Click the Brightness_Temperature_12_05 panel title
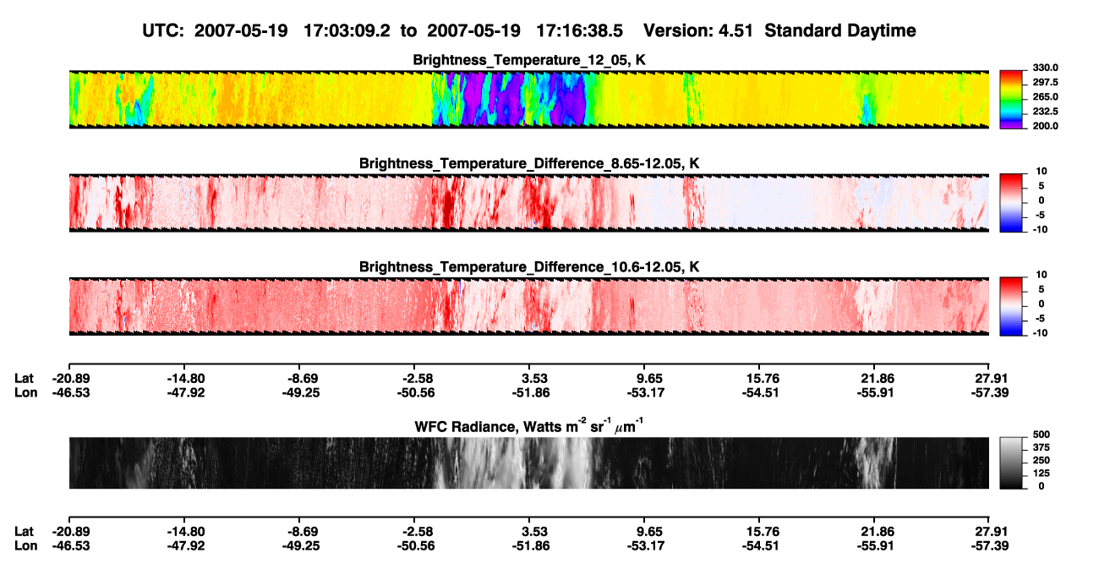pyautogui.click(x=529, y=60)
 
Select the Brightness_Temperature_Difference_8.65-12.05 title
pyautogui.click(x=529, y=163)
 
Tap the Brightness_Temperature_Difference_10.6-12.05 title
pyautogui.click(x=529, y=267)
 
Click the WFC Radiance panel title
pyautogui.click(x=529, y=426)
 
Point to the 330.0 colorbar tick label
pyautogui.click(x=1045, y=68)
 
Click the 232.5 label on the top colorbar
pyautogui.click(x=1045, y=112)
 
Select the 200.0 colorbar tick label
pyautogui.click(x=1045, y=126)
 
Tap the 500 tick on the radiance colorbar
pyautogui.click(x=1042, y=435)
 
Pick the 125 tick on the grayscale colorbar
pyautogui.click(x=1042, y=474)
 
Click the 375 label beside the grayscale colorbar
pyautogui.click(x=1042, y=447)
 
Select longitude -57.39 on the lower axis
pyautogui.click(x=990, y=546)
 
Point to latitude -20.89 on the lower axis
pyautogui.click(x=71, y=532)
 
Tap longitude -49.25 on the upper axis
pyautogui.click(x=301, y=392)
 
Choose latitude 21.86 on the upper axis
pyautogui.click(x=878, y=379)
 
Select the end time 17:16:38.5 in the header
pyautogui.click(x=579, y=30)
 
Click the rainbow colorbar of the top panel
pyautogui.click(x=1011, y=100)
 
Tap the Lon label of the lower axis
pyautogui.click(x=26, y=546)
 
